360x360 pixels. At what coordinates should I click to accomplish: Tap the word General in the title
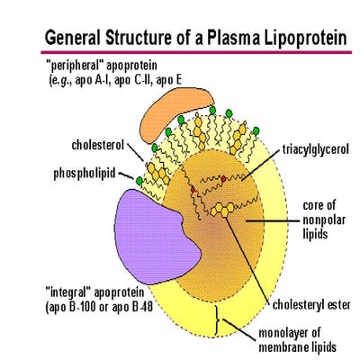pos(74,39)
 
